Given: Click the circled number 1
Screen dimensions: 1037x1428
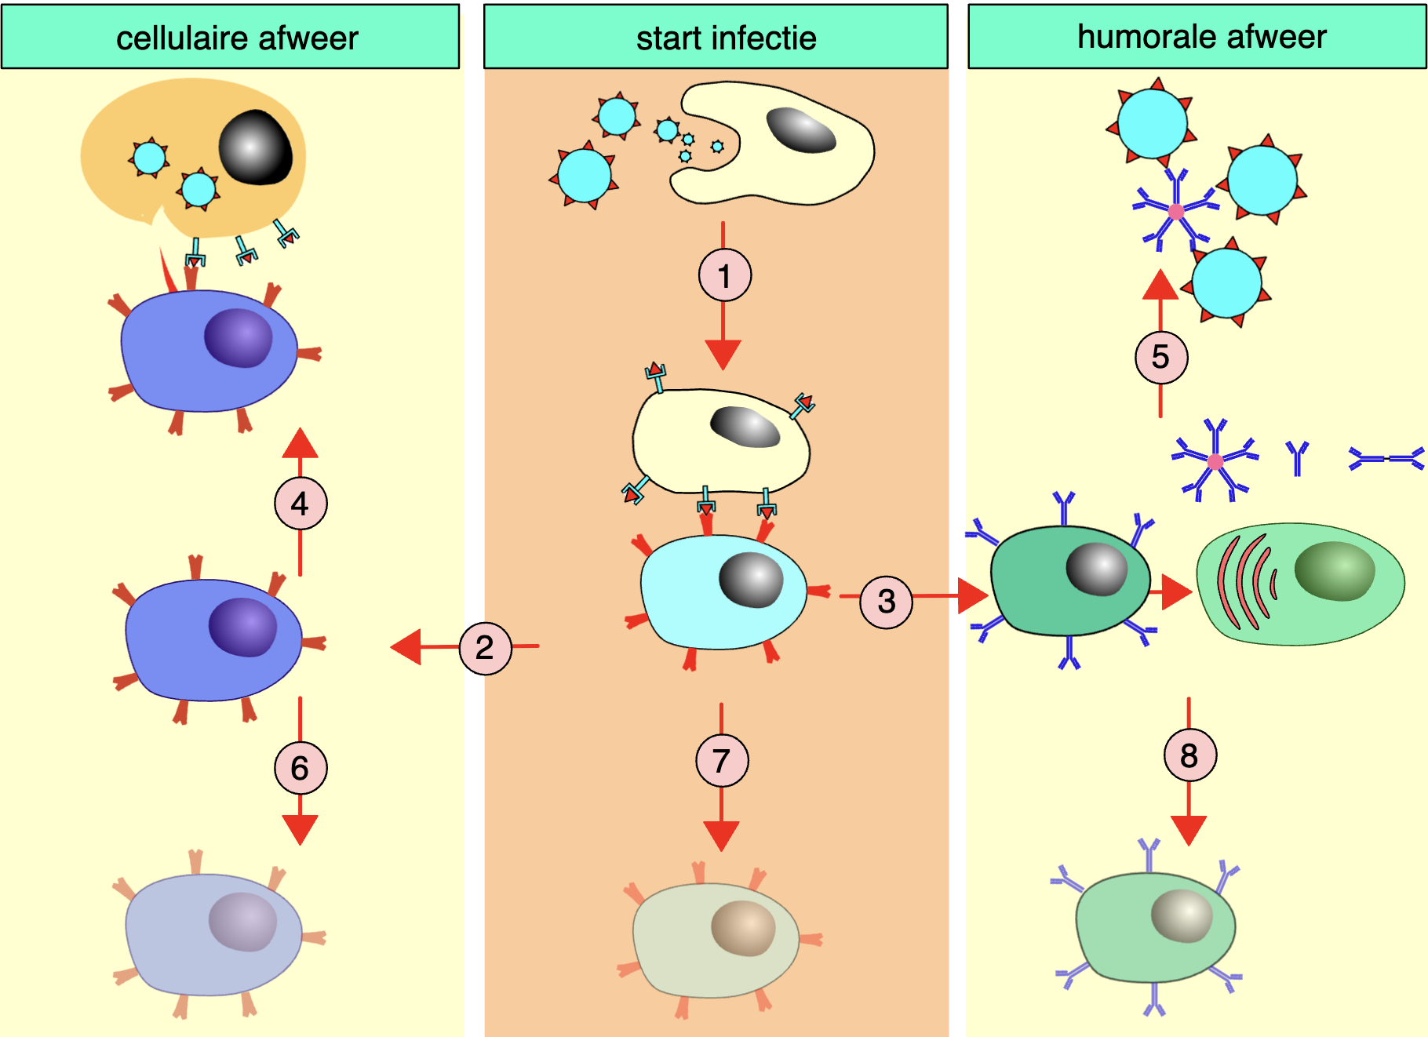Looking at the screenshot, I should click(724, 275).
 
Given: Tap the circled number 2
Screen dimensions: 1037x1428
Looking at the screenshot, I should click(485, 647).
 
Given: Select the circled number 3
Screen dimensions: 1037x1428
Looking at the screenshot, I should click(886, 602).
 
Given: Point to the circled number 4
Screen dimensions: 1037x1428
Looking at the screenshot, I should click(301, 504).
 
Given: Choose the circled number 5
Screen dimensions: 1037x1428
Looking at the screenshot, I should click(1160, 357).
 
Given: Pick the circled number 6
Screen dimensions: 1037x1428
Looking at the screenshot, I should click(301, 768).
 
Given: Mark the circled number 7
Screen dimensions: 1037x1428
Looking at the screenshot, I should click(722, 760).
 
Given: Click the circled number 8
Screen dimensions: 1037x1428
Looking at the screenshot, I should click(1189, 755).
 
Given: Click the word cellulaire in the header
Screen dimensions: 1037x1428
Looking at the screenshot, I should click(187, 38).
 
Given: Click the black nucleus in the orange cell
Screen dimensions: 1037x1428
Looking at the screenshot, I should click(256, 147).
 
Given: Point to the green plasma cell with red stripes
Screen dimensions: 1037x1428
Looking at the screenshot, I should click(1299, 584).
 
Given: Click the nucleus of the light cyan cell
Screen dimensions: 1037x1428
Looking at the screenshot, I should click(751, 580).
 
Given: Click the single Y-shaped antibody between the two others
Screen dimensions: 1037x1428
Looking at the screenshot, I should click(1297, 457).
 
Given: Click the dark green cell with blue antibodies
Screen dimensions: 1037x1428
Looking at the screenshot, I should click(1069, 580).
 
